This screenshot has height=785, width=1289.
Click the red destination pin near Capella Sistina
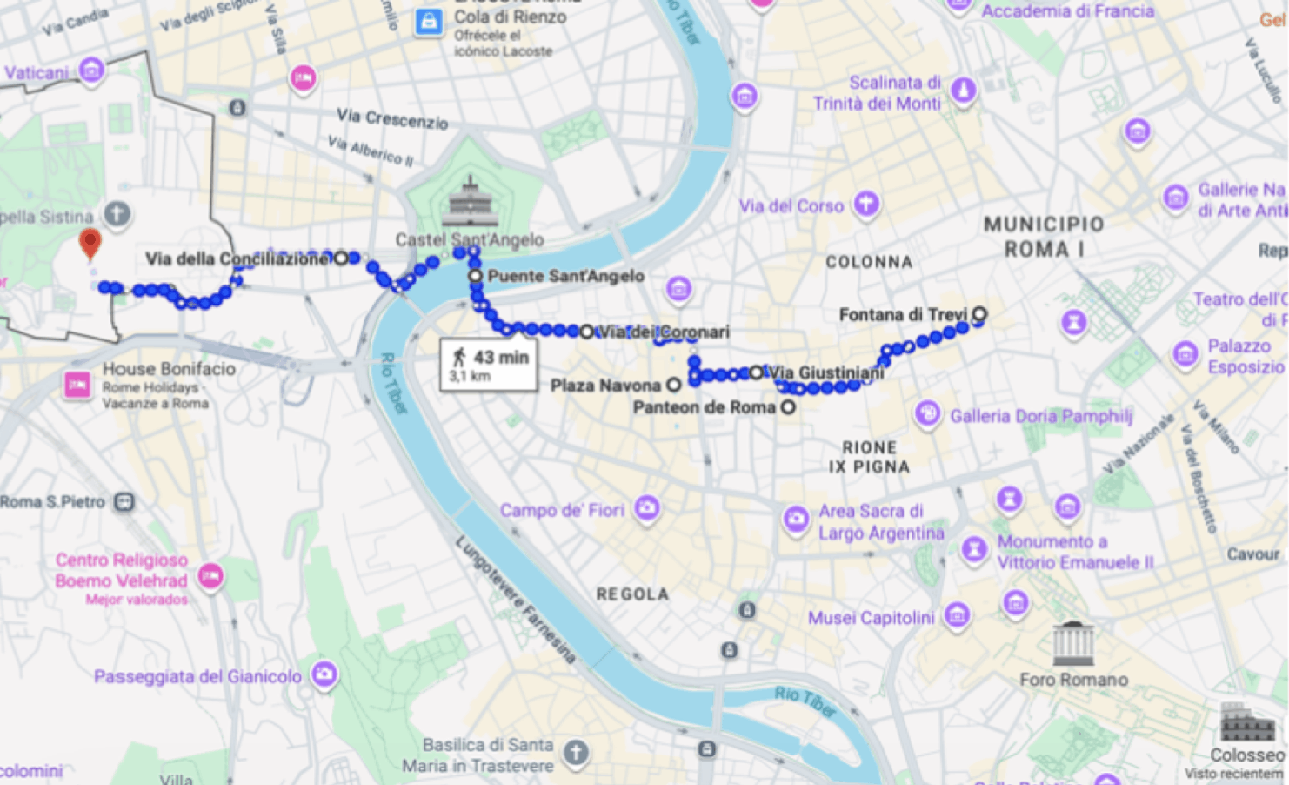(90, 243)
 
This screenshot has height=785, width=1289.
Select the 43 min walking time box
(488, 365)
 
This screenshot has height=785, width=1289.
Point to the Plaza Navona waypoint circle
(674, 385)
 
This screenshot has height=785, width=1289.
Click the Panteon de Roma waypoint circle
(788, 406)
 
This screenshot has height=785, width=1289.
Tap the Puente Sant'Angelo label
(565, 276)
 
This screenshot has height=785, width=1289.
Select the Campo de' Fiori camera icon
(646, 507)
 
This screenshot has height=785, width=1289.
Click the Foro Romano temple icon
(1073, 644)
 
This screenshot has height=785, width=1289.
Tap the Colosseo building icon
(1246, 722)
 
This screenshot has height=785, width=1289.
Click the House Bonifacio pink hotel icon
(77, 384)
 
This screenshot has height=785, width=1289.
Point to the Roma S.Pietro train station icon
(125, 502)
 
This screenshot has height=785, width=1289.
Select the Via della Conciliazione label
(237, 258)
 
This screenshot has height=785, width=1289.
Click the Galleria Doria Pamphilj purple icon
(928, 414)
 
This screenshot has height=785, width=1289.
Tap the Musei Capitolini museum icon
(957, 616)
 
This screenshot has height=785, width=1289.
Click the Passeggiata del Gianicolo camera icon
(324, 674)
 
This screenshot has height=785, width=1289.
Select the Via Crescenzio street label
(392, 119)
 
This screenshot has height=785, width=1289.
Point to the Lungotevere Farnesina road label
(515, 600)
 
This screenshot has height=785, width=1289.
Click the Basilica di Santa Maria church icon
(576, 753)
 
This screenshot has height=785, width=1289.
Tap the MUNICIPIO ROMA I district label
(1044, 237)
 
